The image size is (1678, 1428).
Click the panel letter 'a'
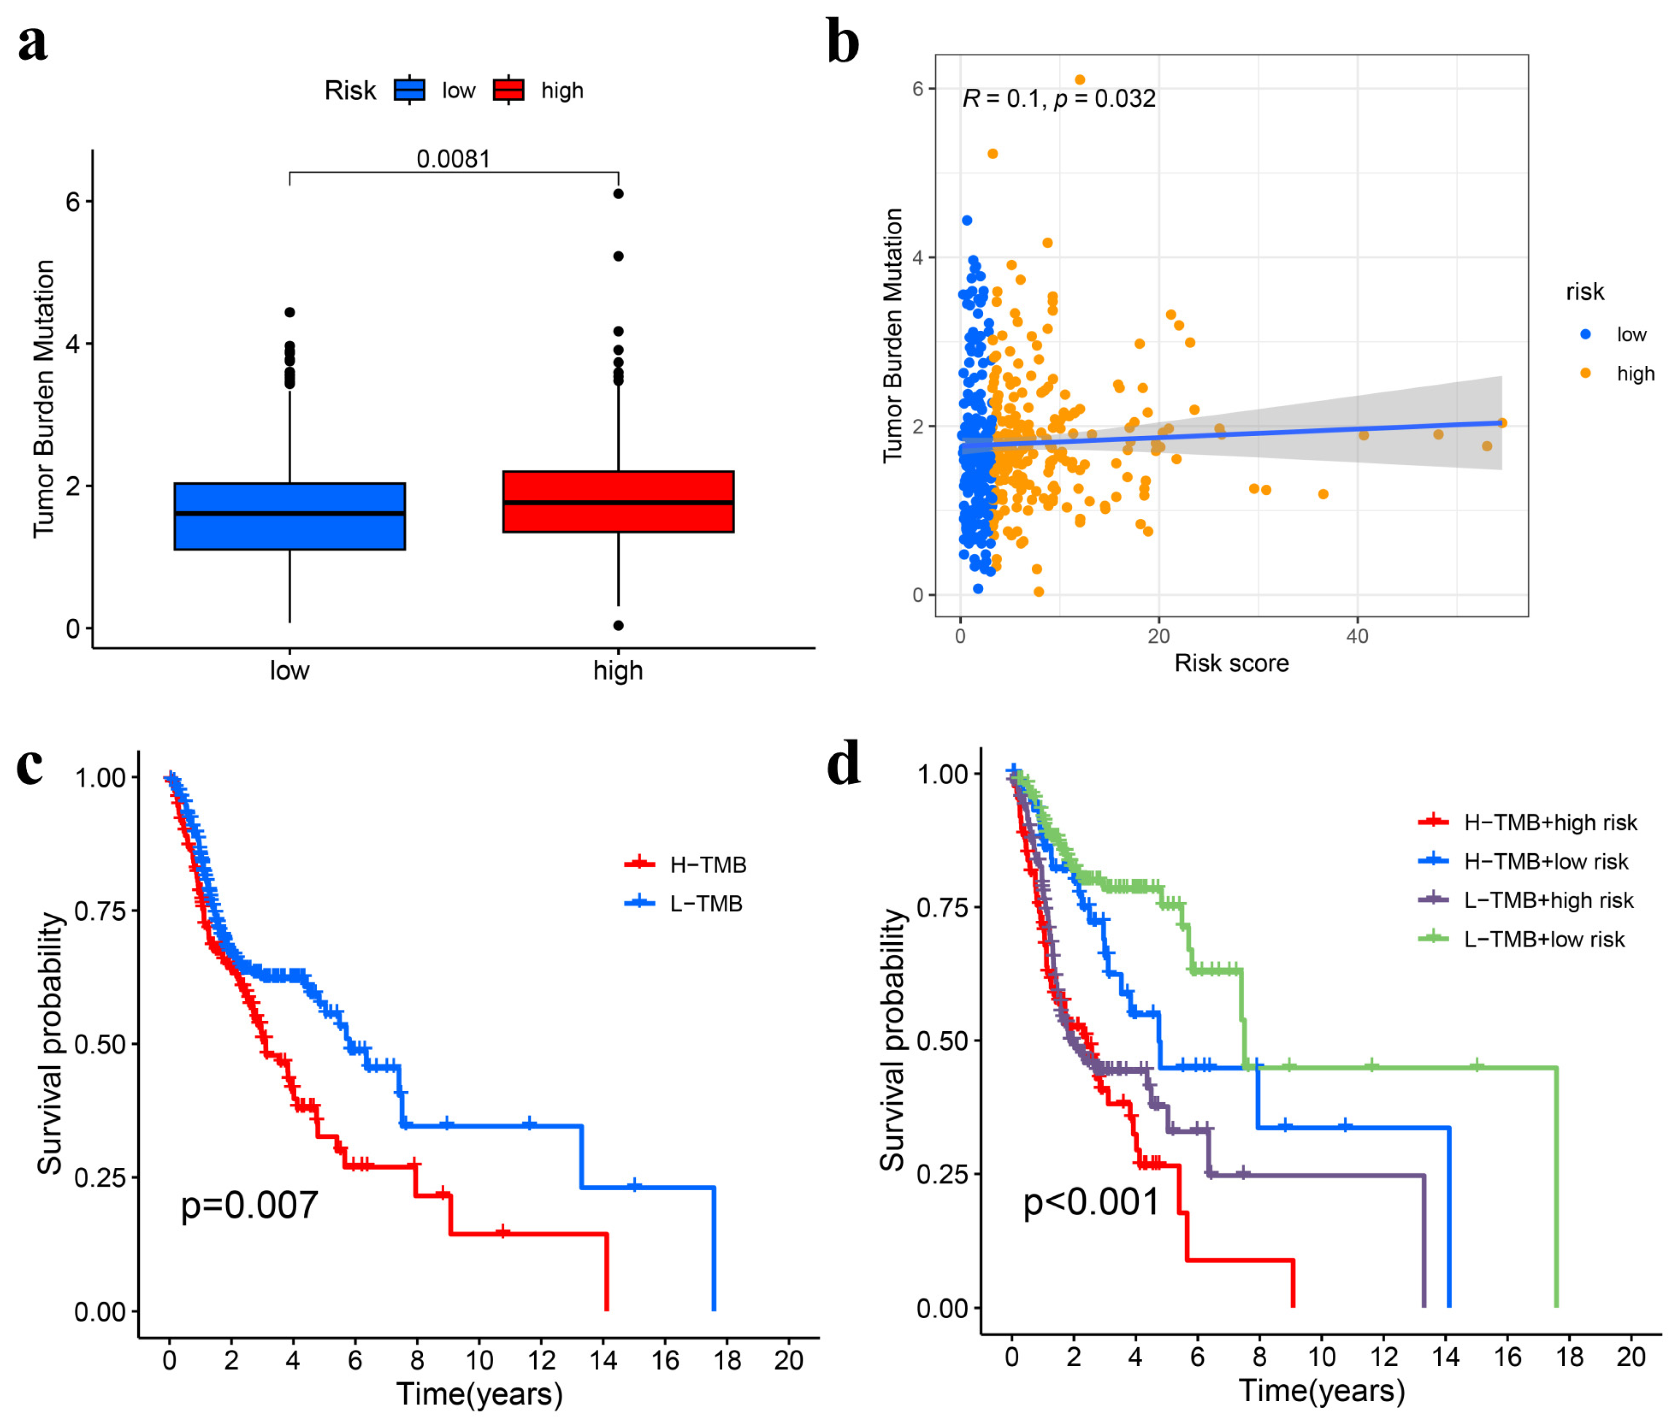click(33, 45)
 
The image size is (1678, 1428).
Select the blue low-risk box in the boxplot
click(289, 516)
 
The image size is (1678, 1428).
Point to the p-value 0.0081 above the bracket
click(453, 159)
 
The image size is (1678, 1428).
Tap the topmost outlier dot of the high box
click(618, 194)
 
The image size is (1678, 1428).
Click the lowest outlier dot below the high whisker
click(618, 625)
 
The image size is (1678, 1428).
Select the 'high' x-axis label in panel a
click(618, 670)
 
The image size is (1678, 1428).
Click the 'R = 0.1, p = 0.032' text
click(1058, 99)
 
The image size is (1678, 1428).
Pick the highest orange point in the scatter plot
click(1080, 79)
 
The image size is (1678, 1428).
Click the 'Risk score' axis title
click(1231, 663)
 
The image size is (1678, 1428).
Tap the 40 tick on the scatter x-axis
click(1357, 636)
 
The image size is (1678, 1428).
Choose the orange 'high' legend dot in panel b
click(1585, 373)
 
